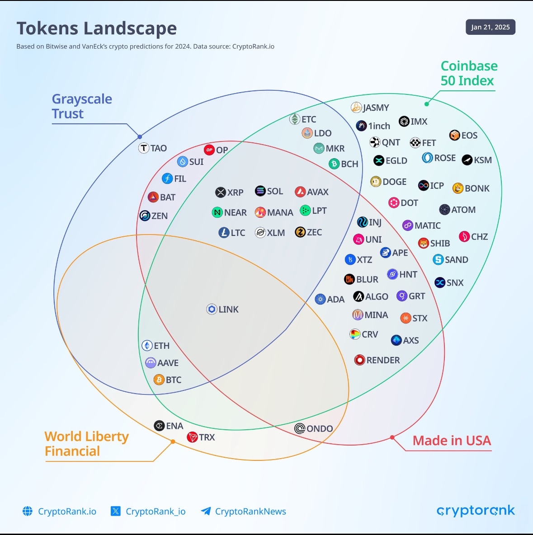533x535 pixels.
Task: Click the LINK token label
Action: (x=228, y=310)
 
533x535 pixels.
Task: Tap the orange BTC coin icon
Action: (x=159, y=380)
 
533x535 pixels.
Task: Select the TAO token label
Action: (x=159, y=148)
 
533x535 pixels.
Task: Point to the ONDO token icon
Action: (x=300, y=428)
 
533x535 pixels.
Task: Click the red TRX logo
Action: (x=193, y=437)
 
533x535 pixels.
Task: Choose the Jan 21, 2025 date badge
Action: (x=490, y=27)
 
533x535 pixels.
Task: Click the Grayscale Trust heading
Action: (x=82, y=106)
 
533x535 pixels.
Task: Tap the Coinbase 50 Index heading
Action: (x=469, y=73)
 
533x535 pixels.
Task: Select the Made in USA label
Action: (x=452, y=441)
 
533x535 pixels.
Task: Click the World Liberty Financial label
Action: (x=86, y=444)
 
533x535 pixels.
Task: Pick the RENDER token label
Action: (x=383, y=360)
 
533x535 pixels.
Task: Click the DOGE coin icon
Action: (x=376, y=182)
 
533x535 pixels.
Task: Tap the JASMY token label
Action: (x=376, y=108)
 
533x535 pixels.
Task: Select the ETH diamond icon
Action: (x=147, y=346)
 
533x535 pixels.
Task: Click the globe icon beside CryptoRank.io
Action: (x=28, y=511)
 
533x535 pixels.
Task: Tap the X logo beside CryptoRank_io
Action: (x=116, y=511)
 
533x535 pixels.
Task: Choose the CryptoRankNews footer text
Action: (x=250, y=512)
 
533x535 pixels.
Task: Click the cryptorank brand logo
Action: (x=476, y=511)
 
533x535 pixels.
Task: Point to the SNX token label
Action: (x=455, y=283)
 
